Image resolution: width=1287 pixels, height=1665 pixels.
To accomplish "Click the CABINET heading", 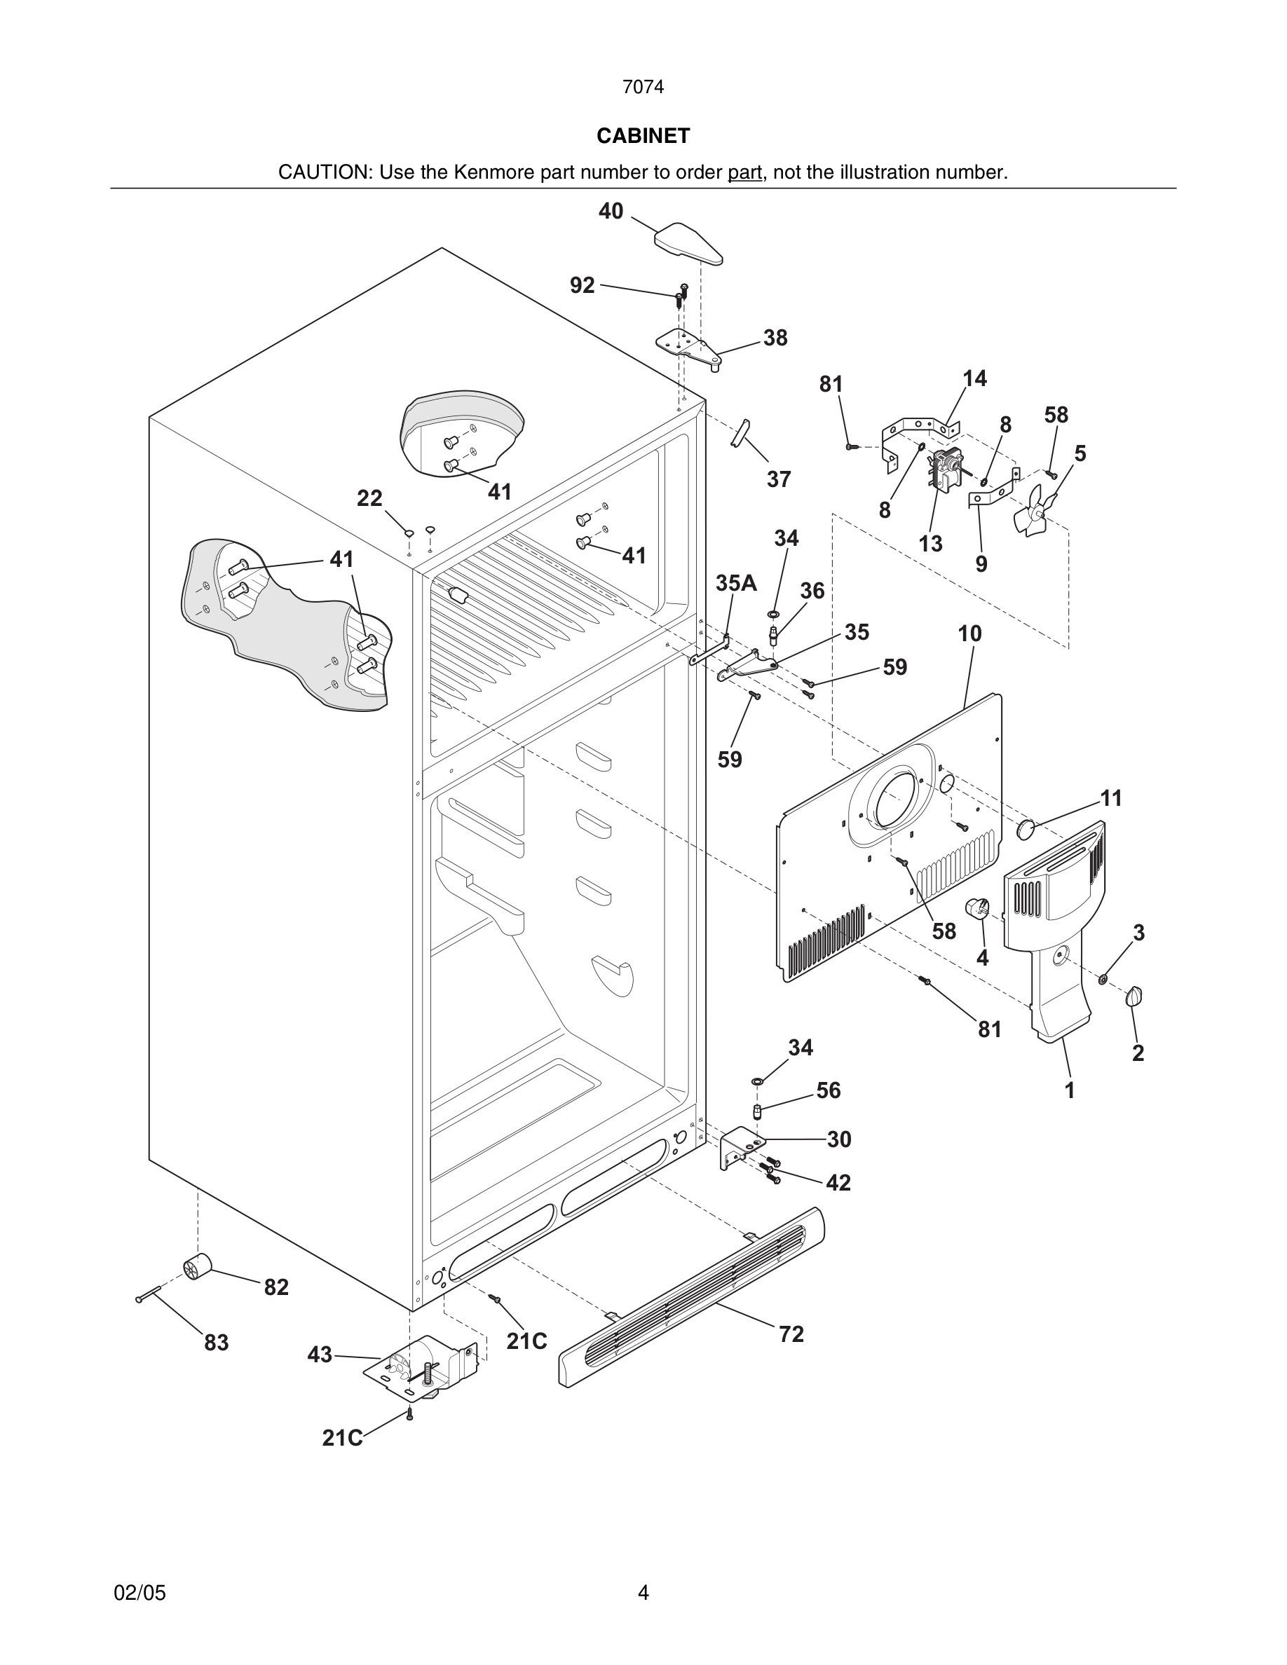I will coord(643,136).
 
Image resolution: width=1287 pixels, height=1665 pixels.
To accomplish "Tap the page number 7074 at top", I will coord(643,88).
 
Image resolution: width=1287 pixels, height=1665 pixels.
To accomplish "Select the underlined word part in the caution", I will coord(744,173).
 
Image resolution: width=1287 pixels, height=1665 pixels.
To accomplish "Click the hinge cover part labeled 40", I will coord(688,243).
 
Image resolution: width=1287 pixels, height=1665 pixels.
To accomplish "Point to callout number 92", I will coord(582,285).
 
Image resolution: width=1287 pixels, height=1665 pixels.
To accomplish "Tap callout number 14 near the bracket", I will coord(974,379).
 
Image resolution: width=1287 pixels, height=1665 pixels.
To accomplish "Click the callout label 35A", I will coord(736,583).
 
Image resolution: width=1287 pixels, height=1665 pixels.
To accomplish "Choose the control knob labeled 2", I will coord(1134,996).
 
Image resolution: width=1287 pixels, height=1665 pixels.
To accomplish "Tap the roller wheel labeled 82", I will coord(198,1266).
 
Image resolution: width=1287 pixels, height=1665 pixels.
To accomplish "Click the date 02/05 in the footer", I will coord(139,1593).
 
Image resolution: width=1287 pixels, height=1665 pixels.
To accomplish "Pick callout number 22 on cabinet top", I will coord(370,498).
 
